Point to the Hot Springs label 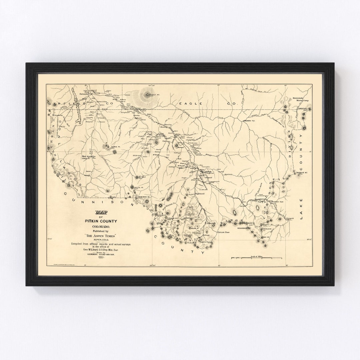(89, 156)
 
